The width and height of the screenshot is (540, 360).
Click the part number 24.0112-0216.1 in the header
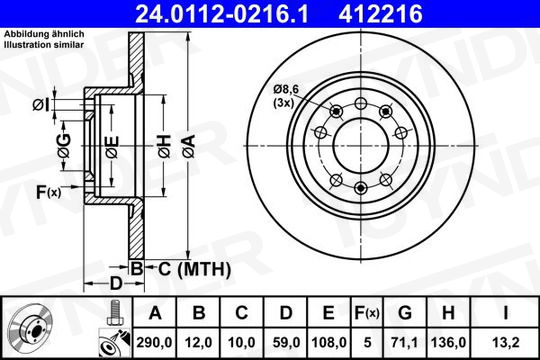[221, 14]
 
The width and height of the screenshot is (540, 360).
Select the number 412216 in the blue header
[381, 14]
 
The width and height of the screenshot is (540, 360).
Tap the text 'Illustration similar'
[44, 45]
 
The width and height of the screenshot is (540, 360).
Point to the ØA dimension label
[188, 146]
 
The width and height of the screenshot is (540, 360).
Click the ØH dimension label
[164, 146]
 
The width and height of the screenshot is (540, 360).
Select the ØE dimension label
[112, 147]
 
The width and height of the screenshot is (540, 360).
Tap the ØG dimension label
[64, 146]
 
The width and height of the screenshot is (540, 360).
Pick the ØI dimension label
[41, 105]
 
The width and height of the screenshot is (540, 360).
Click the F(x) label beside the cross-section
[49, 192]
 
